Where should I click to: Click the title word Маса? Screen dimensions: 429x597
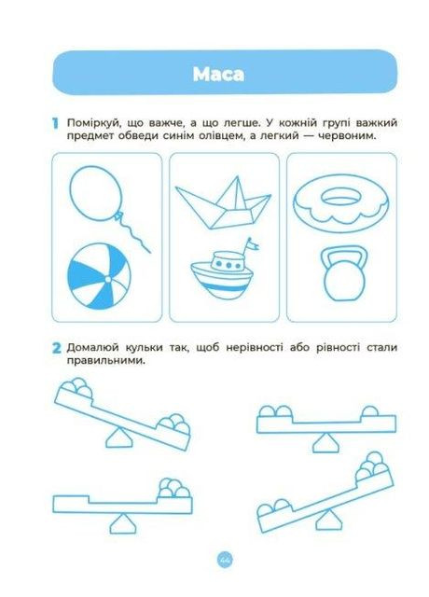(x=218, y=74)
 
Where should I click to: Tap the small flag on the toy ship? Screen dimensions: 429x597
(x=253, y=243)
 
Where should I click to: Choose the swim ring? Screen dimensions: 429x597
(x=341, y=203)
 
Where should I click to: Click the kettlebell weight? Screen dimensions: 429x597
(x=344, y=273)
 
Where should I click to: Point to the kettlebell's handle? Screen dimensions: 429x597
(x=344, y=255)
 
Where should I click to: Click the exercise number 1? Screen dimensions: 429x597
(x=56, y=123)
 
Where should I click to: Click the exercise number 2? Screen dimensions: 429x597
(x=56, y=348)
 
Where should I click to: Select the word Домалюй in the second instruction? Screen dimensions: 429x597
(x=89, y=347)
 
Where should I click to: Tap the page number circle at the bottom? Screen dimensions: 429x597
(x=226, y=560)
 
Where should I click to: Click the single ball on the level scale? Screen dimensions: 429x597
(x=369, y=411)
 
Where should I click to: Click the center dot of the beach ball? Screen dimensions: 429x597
(x=108, y=280)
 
